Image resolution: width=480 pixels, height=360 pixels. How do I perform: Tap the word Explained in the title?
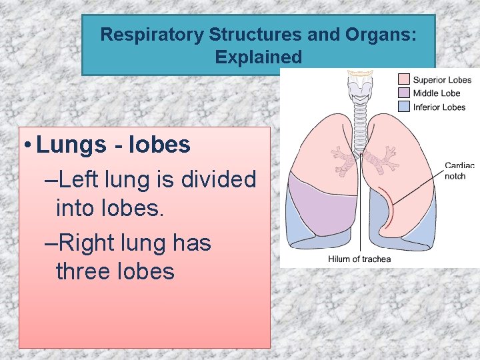pos(259,57)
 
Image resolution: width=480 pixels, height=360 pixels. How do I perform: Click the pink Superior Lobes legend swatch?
pos(404,80)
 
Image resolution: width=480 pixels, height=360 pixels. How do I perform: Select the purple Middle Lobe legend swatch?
pos(404,93)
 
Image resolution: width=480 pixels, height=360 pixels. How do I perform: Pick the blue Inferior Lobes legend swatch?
pos(404,107)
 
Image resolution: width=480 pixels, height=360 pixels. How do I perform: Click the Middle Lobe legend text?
pos(437,93)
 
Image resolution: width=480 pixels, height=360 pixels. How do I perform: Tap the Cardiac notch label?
pos(459,171)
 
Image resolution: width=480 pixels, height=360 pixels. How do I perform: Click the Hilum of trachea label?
pos(359,259)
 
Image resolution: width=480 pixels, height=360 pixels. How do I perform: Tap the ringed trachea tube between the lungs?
pos(361,123)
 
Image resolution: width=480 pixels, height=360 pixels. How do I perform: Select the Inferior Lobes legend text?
pos(439,107)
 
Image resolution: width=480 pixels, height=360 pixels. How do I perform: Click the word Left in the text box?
pos(87,179)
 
